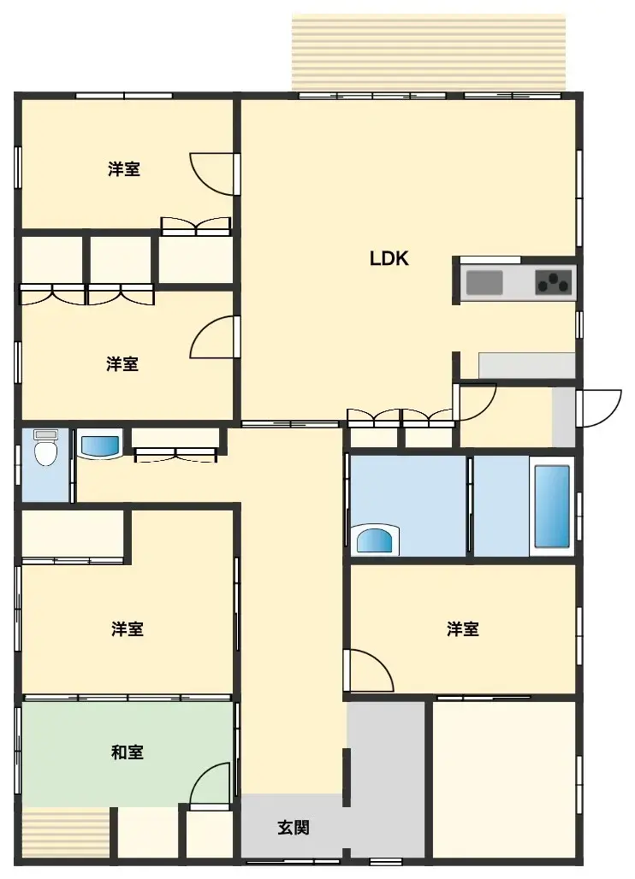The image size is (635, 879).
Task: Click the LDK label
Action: [x=389, y=258]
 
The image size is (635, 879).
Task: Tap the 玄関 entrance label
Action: [x=294, y=827]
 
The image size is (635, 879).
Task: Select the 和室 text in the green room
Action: [x=127, y=752]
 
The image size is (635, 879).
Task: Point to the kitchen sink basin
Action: [x=484, y=282]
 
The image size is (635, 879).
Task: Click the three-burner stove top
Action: [x=554, y=282]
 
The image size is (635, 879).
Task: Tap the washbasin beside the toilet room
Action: [x=100, y=445]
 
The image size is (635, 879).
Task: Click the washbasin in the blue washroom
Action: [x=373, y=540]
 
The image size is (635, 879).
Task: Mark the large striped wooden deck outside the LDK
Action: [x=428, y=51]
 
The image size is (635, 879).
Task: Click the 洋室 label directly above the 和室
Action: [x=127, y=629]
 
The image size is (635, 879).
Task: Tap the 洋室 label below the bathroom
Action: [x=462, y=629]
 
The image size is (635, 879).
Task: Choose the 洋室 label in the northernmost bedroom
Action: [x=124, y=168]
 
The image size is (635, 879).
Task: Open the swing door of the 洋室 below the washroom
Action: [x=368, y=671]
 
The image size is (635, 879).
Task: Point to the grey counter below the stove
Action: [x=526, y=365]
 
